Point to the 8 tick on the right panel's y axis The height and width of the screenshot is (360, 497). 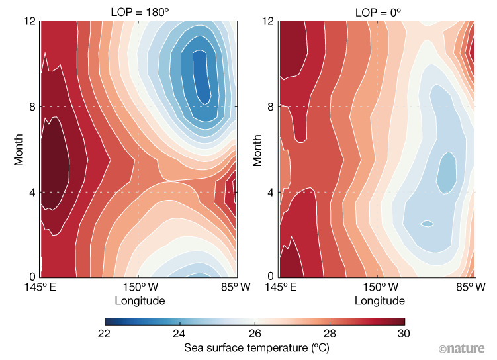pos(271,107)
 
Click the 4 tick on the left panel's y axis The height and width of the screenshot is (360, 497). pos(32,193)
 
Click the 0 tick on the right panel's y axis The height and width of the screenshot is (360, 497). pos(271,276)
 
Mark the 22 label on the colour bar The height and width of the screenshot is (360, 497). pos(111,332)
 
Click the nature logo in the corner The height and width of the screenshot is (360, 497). pos(465,348)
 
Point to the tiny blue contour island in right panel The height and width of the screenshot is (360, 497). pos(428,224)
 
